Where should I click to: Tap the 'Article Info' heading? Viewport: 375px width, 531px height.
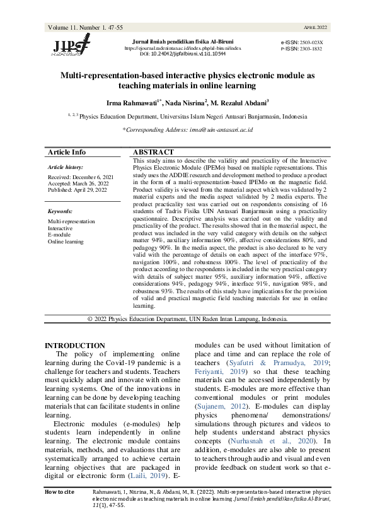coord(67,153)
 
